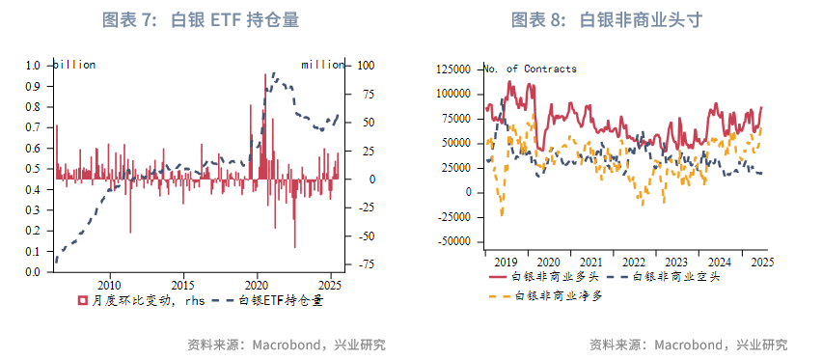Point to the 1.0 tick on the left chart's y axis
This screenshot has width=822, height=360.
[x=34, y=66]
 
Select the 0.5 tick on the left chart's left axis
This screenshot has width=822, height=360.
[x=34, y=169]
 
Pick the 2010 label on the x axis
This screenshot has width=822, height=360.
[x=109, y=286]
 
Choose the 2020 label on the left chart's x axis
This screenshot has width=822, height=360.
[x=258, y=286]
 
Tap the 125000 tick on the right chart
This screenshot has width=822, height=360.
[x=454, y=69]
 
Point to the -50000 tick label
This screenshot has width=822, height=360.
[x=454, y=241]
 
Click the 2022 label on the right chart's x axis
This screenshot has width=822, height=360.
[x=634, y=262]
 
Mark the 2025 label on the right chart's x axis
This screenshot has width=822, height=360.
[x=761, y=262]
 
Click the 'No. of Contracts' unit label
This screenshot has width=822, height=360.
[x=530, y=69]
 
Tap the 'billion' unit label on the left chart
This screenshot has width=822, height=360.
[x=74, y=65]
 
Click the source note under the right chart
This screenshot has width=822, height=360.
[x=688, y=345]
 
